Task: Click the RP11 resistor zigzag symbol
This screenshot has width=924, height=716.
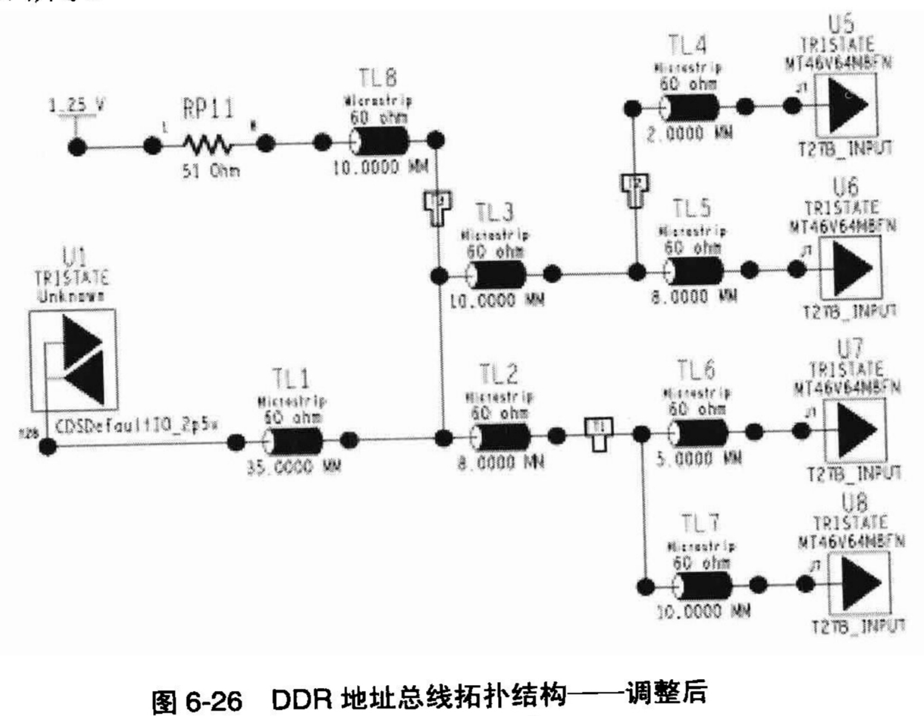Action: click(x=206, y=145)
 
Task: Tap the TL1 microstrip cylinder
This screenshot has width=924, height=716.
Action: click(x=293, y=441)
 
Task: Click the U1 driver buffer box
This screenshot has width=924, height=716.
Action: click(x=73, y=360)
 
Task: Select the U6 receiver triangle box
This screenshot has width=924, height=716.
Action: click(x=850, y=267)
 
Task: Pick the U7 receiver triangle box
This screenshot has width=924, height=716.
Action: click(x=854, y=429)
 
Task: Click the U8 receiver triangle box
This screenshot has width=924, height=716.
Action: click(x=858, y=583)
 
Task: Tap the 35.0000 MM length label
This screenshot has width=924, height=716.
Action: click(x=293, y=467)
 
